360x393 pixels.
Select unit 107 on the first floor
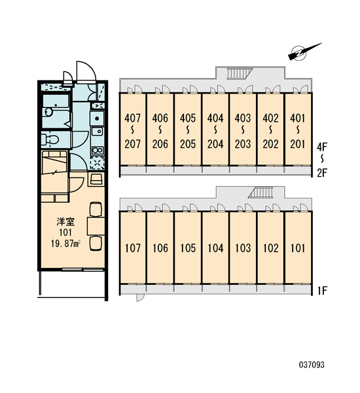pyautogui.click(x=133, y=248)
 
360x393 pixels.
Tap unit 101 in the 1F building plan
pyautogui.click(x=298, y=248)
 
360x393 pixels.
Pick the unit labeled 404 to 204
pyautogui.click(x=215, y=130)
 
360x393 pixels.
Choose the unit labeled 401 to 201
pyautogui.click(x=298, y=130)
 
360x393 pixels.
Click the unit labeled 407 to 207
pyautogui.click(x=133, y=130)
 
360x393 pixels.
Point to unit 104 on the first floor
pyautogui.click(x=215, y=248)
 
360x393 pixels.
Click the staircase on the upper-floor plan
pyautogui.click(x=240, y=73)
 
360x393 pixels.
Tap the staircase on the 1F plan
pyautogui.click(x=261, y=193)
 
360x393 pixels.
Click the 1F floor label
pyautogui.click(x=322, y=291)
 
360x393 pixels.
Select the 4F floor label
pyautogui.click(x=322, y=147)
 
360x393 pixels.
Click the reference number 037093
pyautogui.click(x=312, y=365)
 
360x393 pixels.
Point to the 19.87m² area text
pyautogui.click(x=65, y=244)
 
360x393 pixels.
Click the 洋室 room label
pyautogui.click(x=65, y=221)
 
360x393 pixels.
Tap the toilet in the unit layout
pyautogui.click(x=50, y=139)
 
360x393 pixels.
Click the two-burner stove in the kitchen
pyautogui.click(x=98, y=151)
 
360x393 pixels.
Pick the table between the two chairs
pyautogui.click(x=96, y=227)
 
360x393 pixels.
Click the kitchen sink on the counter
pyautogui.click(x=98, y=118)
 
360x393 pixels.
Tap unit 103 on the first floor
pyautogui.click(x=243, y=248)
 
